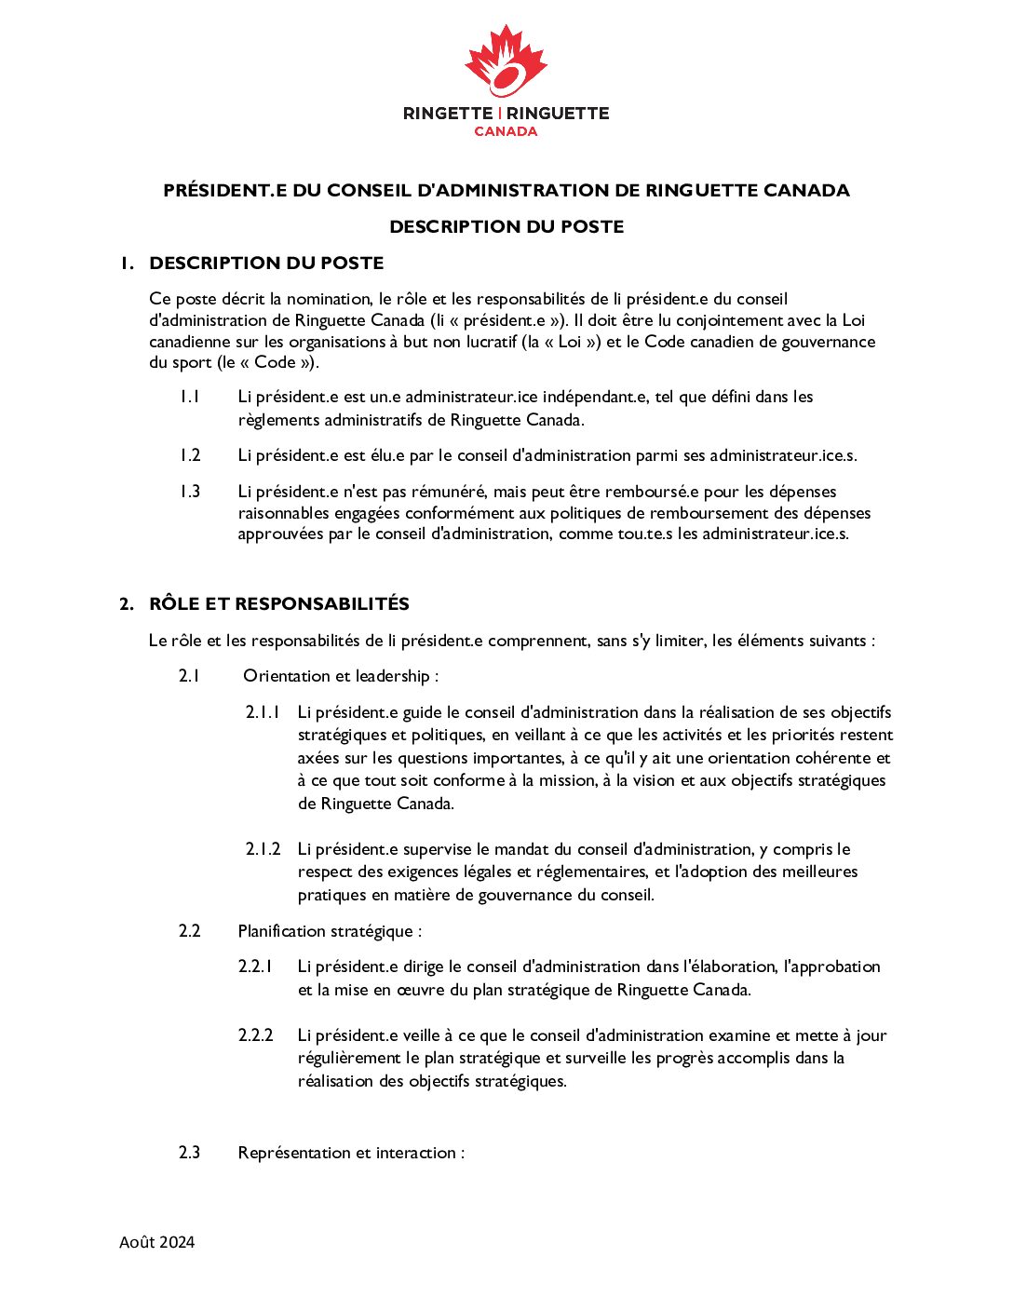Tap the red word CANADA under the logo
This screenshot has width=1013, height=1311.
[506, 131]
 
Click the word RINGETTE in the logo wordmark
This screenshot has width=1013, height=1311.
[448, 114]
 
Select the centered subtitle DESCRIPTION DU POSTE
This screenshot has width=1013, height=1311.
[506, 226]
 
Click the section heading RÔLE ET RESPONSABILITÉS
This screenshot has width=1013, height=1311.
[279, 603]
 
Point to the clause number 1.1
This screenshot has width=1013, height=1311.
[190, 397]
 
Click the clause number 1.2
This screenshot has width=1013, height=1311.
[190, 455]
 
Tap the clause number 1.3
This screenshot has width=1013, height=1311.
[190, 492]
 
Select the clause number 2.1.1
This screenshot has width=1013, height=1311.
[263, 712]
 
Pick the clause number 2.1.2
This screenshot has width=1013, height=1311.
[263, 849]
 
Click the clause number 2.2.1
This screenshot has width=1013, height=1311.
[255, 966]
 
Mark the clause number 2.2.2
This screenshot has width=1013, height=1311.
[255, 1035]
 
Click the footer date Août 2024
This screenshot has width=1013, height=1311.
[157, 1242]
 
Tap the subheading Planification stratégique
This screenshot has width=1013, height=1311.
[330, 931]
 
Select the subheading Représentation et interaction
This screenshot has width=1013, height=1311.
[351, 1153]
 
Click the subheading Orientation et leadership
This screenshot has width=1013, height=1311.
[341, 676]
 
